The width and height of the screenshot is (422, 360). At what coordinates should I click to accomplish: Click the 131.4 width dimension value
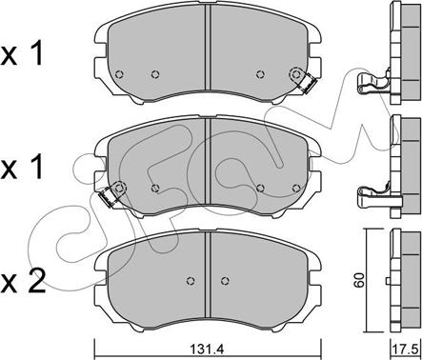[x=207, y=350]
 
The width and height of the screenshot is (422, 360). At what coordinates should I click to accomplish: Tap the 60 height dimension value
[x=359, y=280]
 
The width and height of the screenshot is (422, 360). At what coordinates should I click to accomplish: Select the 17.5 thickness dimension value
[x=407, y=350]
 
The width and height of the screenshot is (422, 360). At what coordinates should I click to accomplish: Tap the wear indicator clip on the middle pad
[x=109, y=197]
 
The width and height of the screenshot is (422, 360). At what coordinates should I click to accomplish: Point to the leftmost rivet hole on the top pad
[x=119, y=74]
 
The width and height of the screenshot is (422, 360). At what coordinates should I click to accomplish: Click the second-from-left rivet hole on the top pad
[x=155, y=74]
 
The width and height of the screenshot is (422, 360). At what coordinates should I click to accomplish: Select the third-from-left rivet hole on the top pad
[x=260, y=74]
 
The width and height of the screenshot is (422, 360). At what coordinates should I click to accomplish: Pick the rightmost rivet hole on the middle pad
[x=296, y=189]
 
